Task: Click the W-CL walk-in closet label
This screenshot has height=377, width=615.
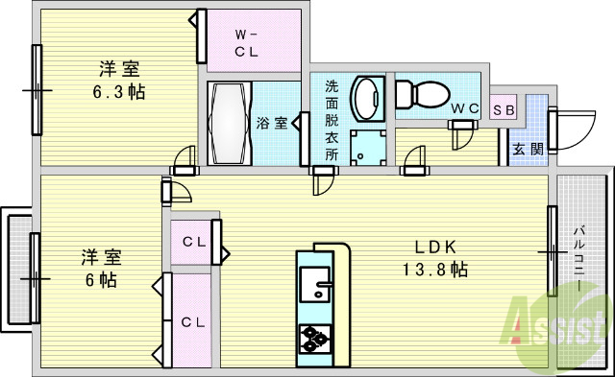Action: pos(247,44)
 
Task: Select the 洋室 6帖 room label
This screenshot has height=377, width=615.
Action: pos(98,269)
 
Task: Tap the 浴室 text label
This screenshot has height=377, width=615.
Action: pos(272,123)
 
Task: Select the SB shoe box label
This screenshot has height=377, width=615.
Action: pos(504,108)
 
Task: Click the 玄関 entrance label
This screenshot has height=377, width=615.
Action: pos(526,149)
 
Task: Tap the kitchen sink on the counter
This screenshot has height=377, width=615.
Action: pos(315,284)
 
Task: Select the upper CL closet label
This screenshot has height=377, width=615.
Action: pos(194,243)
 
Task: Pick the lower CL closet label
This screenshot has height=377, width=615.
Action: pos(194,321)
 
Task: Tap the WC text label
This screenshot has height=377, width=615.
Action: pos(466,108)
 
